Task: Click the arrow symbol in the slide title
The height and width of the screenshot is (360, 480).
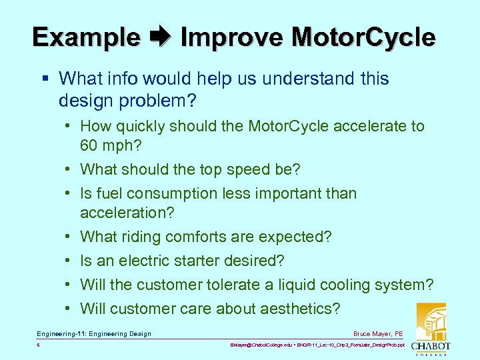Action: [x=161, y=37]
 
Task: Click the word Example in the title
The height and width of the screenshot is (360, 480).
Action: [x=86, y=37]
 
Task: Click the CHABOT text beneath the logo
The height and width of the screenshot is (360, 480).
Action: [x=431, y=346]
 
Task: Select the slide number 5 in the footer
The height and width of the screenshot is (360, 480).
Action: [x=39, y=345]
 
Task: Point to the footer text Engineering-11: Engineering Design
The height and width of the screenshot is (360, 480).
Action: [x=94, y=334]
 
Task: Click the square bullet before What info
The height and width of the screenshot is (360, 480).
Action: [x=45, y=79]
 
